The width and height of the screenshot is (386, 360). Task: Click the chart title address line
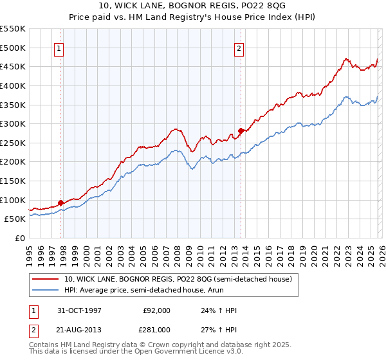[x=192, y=6]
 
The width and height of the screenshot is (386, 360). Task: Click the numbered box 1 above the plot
[x=59, y=48]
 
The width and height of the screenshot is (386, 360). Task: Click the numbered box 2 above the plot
[x=239, y=48]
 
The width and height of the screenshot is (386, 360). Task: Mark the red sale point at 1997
[x=61, y=203]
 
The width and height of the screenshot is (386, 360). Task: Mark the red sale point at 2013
[x=241, y=130]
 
